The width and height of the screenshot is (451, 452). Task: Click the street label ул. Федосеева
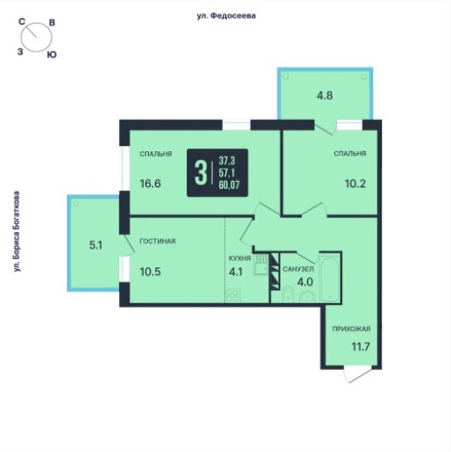tap(226, 16)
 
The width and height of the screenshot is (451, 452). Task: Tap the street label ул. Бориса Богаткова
tap(17, 231)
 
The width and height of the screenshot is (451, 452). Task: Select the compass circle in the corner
tap(37, 38)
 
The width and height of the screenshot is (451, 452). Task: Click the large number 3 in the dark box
tap(201, 173)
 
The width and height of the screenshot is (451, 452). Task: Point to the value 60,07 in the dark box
tap(229, 185)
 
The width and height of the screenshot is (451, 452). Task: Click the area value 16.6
tap(150, 184)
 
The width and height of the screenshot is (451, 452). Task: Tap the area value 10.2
tap(355, 184)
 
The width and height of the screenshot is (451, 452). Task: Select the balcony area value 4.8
tap(325, 96)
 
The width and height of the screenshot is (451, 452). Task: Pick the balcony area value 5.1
tap(96, 245)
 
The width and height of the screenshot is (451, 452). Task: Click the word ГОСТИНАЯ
tap(157, 241)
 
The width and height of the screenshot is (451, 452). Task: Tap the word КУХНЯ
tap(240, 258)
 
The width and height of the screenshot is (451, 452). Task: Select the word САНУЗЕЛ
tap(298, 269)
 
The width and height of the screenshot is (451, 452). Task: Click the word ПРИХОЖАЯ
tap(351, 329)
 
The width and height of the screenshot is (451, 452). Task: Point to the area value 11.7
tap(361, 347)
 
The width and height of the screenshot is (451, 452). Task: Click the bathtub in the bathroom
tap(329, 278)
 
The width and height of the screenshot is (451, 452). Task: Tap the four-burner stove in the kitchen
tap(233, 296)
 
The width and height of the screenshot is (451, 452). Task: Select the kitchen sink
tap(261, 265)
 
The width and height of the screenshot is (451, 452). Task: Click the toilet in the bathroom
tap(288, 294)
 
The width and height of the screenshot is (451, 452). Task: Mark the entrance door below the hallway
tap(357, 374)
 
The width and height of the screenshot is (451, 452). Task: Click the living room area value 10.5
tap(150, 271)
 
